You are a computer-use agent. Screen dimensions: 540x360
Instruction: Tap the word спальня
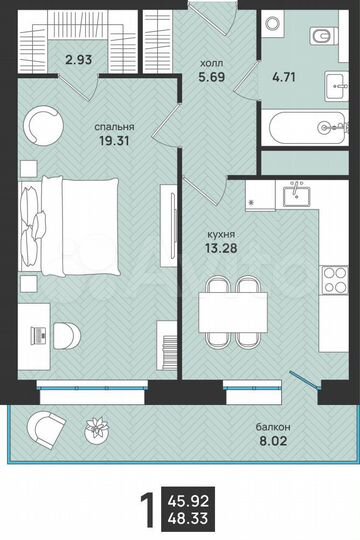tap(115, 127)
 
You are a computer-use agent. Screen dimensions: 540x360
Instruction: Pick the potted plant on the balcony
tap(97, 431)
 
